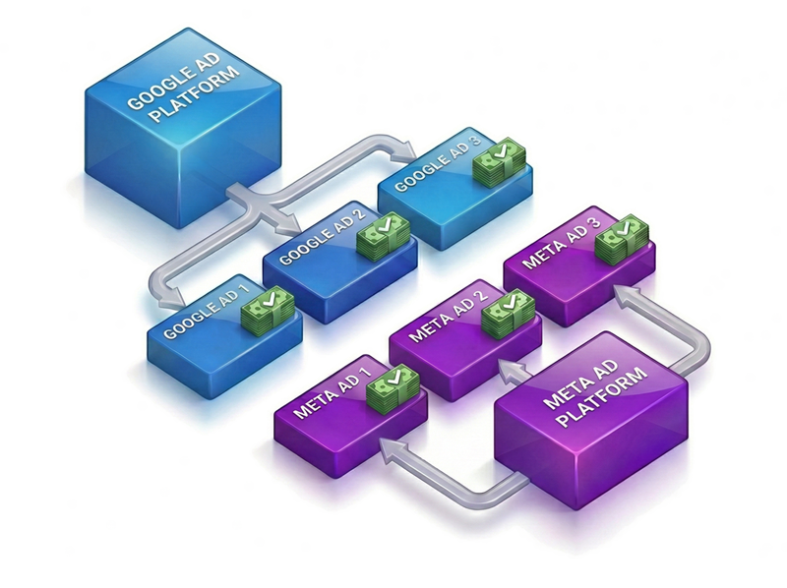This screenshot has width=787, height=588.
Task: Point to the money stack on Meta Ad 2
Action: (x=509, y=311)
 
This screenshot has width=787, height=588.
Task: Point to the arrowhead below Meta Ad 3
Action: (x=623, y=293)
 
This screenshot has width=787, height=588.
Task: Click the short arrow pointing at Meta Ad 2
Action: (x=511, y=368)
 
